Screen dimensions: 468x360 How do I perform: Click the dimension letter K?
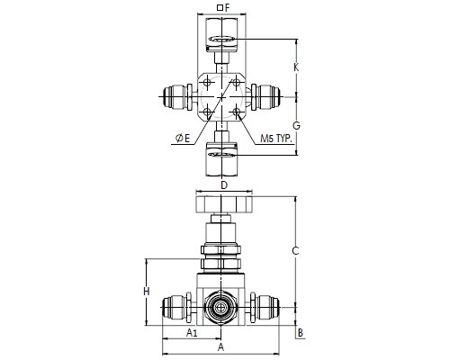tap(296, 67)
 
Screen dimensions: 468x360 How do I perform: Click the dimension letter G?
tap(296, 125)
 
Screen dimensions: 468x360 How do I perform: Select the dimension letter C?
tap(295, 251)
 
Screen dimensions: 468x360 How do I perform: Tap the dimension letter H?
tap(146, 292)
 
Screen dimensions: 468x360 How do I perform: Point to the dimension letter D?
tap(224, 185)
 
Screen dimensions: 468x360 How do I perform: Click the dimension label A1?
tap(192, 332)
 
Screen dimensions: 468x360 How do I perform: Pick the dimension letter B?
tap(300, 333)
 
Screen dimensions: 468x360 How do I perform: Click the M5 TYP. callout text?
tap(276, 139)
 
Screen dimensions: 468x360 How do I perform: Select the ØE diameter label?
tap(183, 139)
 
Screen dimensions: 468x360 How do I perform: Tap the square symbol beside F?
tap(220, 8)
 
